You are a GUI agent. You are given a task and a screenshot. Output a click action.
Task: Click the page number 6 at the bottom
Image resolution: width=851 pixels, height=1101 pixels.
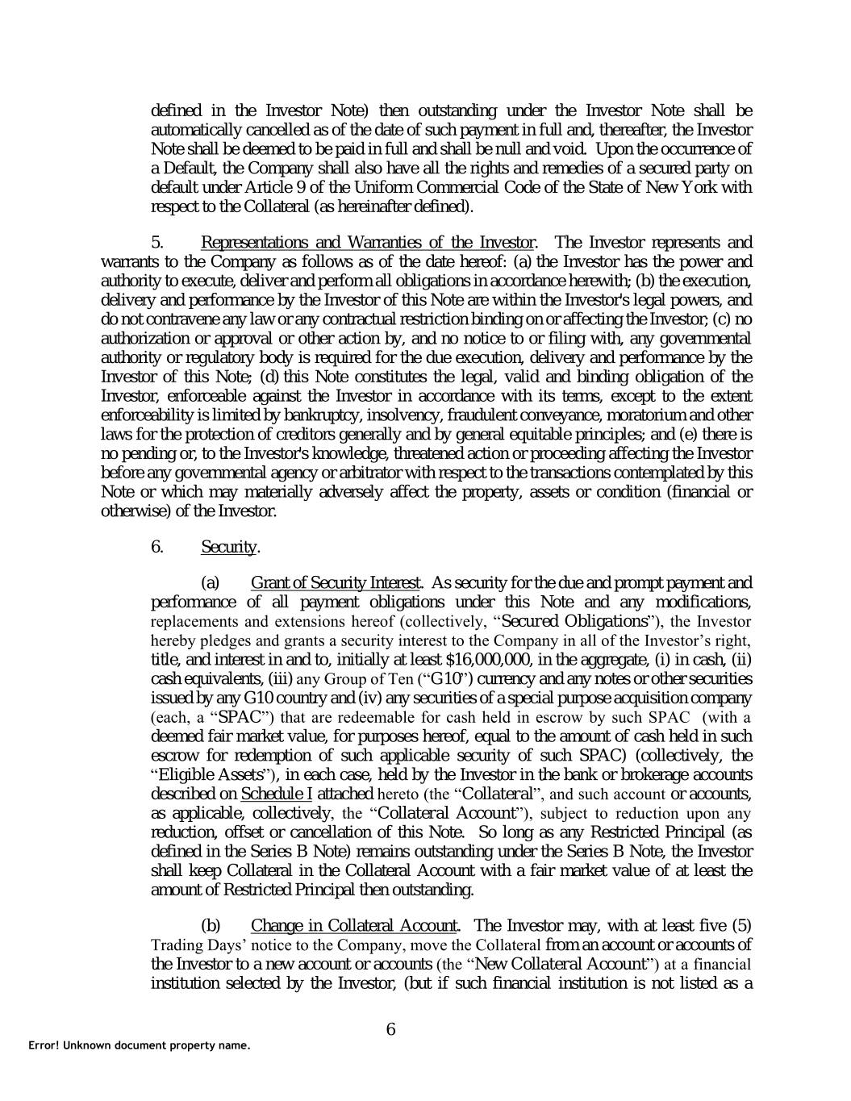click(391, 1028)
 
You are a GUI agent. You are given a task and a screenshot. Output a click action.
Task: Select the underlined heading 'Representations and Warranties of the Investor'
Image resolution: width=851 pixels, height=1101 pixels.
click(367, 242)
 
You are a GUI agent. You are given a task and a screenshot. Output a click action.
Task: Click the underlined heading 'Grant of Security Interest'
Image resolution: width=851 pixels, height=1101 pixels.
click(336, 582)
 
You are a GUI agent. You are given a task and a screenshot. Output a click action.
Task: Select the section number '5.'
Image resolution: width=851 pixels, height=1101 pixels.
click(158, 242)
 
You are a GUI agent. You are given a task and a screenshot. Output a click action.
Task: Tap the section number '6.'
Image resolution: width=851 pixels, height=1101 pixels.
click(158, 547)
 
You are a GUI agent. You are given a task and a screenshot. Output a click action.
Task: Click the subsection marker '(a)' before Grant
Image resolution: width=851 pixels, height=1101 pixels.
click(210, 582)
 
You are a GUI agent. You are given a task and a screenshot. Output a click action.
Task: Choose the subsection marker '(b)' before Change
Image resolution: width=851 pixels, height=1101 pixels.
click(210, 925)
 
